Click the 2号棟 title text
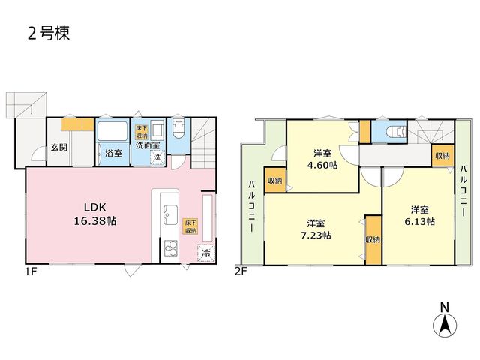[x=49, y=33]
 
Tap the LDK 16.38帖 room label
[x=95, y=214]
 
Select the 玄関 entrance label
[x=59, y=147]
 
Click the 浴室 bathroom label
[x=113, y=153]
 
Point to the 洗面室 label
[x=148, y=145]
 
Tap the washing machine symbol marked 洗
[x=157, y=157]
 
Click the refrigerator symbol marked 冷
[x=206, y=253]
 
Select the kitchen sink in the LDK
[x=170, y=214]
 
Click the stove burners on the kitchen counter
[x=170, y=248]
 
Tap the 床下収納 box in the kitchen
[x=190, y=226]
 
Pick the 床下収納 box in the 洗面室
[x=142, y=132]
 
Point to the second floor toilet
[x=395, y=132]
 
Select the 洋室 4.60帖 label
[x=322, y=159]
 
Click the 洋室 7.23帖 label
[x=316, y=229]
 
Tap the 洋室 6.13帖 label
[x=419, y=216]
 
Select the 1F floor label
[x=31, y=271]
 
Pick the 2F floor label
[x=241, y=271]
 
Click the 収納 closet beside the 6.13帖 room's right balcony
[x=442, y=156]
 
